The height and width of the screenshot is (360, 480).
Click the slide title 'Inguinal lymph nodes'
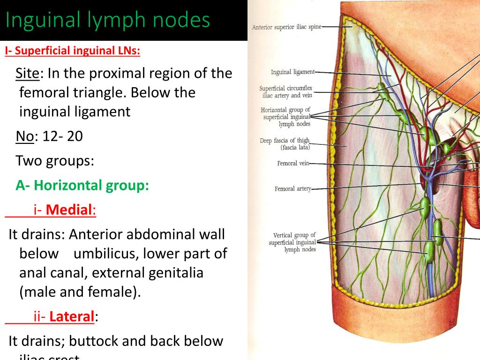tap(108, 20)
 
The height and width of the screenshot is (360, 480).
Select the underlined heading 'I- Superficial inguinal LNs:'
tap(73, 51)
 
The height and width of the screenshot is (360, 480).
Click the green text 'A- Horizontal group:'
tap(82, 186)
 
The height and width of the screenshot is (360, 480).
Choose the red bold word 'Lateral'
tap(72, 316)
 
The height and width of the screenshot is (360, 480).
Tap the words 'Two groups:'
tap(55, 161)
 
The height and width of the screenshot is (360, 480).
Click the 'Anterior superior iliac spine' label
tap(286, 27)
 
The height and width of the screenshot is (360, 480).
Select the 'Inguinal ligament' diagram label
tap(292, 72)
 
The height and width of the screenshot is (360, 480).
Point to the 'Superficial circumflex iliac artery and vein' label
tap(286, 92)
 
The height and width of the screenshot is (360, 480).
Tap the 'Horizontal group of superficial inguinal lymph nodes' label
tap(286, 117)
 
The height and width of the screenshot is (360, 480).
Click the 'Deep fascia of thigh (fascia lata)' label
tap(285, 144)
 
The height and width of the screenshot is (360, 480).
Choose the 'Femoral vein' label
tap(293, 164)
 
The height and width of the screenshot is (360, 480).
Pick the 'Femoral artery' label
tap(293, 189)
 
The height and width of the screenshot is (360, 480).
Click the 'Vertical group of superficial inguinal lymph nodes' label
tap(293, 242)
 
